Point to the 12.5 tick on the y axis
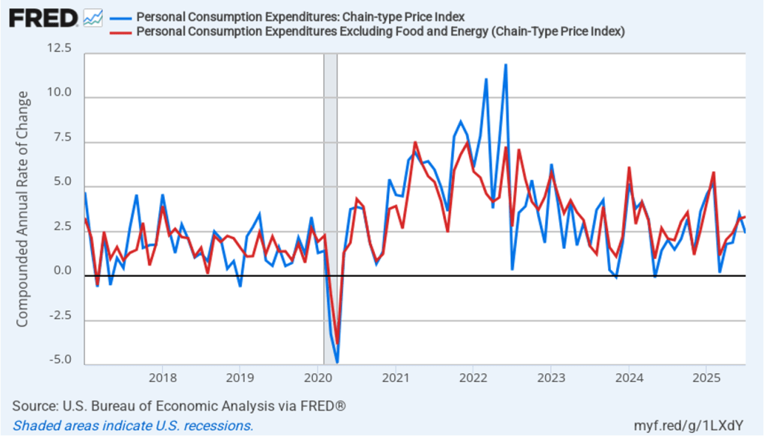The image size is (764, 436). [59, 49]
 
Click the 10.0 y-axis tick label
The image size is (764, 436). [59, 93]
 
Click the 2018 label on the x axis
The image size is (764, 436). [162, 376]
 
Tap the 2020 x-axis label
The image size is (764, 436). [318, 376]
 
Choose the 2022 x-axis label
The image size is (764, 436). [473, 376]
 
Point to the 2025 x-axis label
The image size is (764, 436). [706, 376]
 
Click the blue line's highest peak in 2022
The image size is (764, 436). [506, 65]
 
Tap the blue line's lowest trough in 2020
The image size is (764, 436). [337, 362]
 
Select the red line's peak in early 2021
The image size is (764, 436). [415, 142]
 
